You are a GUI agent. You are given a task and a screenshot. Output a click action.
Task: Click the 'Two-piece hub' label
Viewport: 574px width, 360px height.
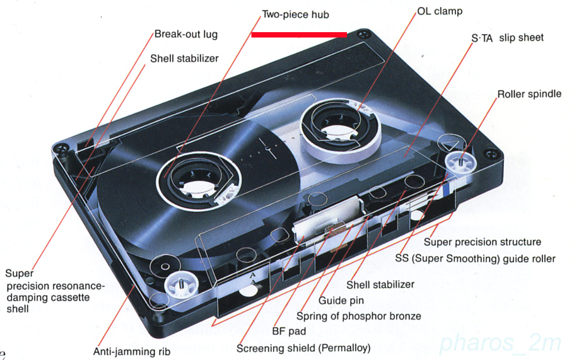pos(295,15)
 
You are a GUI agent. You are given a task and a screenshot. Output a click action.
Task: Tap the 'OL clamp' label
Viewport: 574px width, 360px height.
pos(440,11)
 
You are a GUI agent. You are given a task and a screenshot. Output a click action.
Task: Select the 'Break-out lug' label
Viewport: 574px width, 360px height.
pos(186,35)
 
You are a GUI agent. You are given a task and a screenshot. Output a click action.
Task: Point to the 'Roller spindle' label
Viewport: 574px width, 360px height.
pos(529,94)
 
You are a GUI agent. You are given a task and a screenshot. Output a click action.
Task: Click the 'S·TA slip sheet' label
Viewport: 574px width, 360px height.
pos(507,38)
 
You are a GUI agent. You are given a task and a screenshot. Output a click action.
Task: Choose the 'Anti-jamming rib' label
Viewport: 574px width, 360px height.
pos(132,352)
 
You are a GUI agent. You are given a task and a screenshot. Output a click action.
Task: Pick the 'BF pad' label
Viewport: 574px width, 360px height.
pos(289,332)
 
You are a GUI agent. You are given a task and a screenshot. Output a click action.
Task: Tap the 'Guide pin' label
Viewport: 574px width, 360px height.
pos(341,301)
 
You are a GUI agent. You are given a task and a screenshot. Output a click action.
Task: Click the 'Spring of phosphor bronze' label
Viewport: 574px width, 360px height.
pos(359,316)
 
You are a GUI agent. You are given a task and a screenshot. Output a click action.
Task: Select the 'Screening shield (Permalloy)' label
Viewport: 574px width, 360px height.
pos(303,348)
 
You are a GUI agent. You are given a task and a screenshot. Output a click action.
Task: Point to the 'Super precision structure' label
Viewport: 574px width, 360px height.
pos(483,242)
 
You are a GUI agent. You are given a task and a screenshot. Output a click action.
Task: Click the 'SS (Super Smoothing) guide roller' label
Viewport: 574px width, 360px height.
pos(475,258)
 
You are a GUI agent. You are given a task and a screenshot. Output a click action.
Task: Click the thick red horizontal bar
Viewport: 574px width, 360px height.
pos(299,35)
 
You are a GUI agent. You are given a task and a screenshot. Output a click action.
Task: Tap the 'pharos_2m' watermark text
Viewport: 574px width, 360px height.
pos(500,344)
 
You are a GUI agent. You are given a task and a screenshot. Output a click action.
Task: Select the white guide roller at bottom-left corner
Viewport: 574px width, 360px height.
pos(180,284)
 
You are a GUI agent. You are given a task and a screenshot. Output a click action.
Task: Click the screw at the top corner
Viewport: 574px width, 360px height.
pos(363,35)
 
